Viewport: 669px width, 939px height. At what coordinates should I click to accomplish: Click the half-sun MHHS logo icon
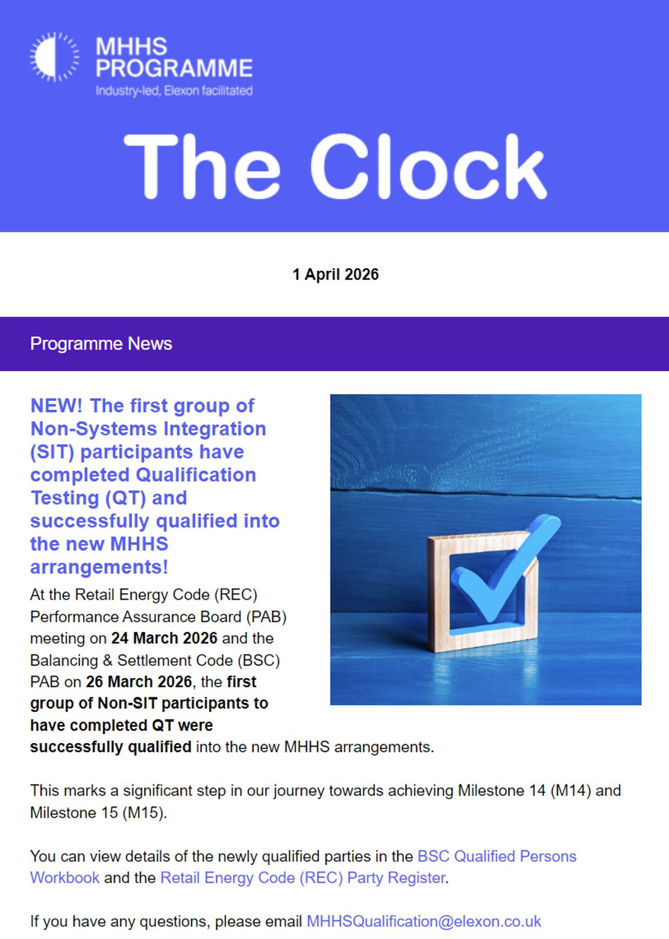tap(54, 57)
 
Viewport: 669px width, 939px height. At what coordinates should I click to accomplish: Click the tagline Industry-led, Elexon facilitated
tap(174, 91)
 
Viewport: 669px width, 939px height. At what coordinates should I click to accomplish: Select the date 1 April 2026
tap(335, 275)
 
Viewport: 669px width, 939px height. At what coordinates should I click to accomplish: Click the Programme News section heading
tap(101, 344)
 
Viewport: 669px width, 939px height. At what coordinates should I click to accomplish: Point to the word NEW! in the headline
tap(57, 406)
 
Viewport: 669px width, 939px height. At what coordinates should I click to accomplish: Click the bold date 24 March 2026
tap(164, 638)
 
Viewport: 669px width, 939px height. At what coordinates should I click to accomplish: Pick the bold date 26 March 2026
tap(139, 682)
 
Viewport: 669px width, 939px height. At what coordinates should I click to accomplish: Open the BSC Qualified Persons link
tap(497, 856)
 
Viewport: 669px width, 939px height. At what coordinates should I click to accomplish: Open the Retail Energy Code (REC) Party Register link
tap(303, 878)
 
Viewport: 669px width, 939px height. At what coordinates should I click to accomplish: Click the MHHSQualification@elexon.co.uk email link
tap(424, 922)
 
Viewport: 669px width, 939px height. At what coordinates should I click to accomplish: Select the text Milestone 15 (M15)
tap(97, 812)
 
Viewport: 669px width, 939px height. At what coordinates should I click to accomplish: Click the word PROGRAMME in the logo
tap(174, 68)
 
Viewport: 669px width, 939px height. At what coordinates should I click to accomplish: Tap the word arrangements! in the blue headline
tap(99, 567)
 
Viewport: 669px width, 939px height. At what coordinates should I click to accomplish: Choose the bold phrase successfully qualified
tap(111, 747)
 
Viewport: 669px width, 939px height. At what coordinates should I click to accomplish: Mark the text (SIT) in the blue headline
tap(53, 452)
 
